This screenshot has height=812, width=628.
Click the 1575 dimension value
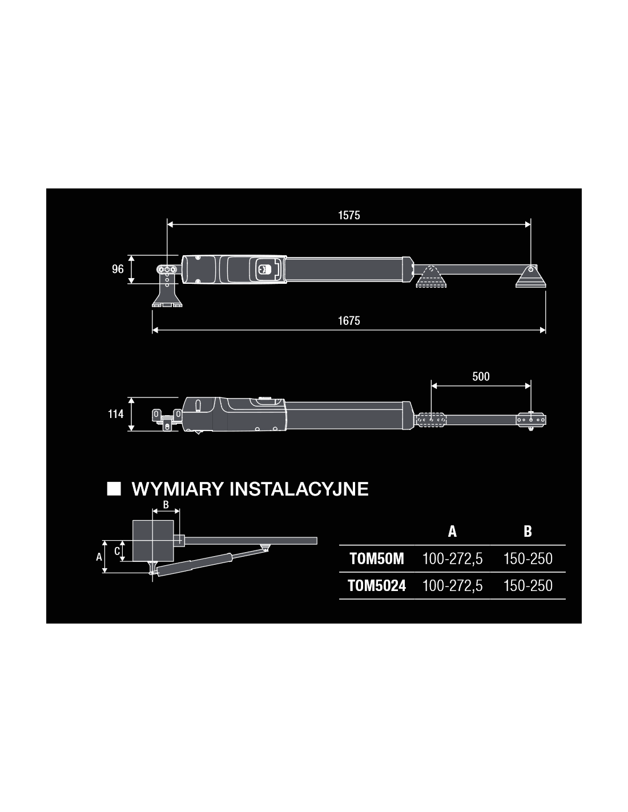click(x=349, y=215)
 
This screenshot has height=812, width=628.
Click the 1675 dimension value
click(x=349, y=320)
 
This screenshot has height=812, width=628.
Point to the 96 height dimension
click(x=118, y=269)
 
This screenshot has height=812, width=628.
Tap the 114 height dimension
click(x=116, y=414)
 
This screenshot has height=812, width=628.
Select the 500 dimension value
click(x=481, y=376)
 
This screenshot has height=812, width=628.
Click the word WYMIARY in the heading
click(x=178, y=489)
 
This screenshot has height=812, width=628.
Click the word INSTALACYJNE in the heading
click(x=299, y=489)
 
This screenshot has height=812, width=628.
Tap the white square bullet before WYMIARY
click(x=114, y=489)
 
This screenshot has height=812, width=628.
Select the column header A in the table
click(x=452, y=532)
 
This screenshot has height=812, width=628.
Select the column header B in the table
click(x=528, y=532)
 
